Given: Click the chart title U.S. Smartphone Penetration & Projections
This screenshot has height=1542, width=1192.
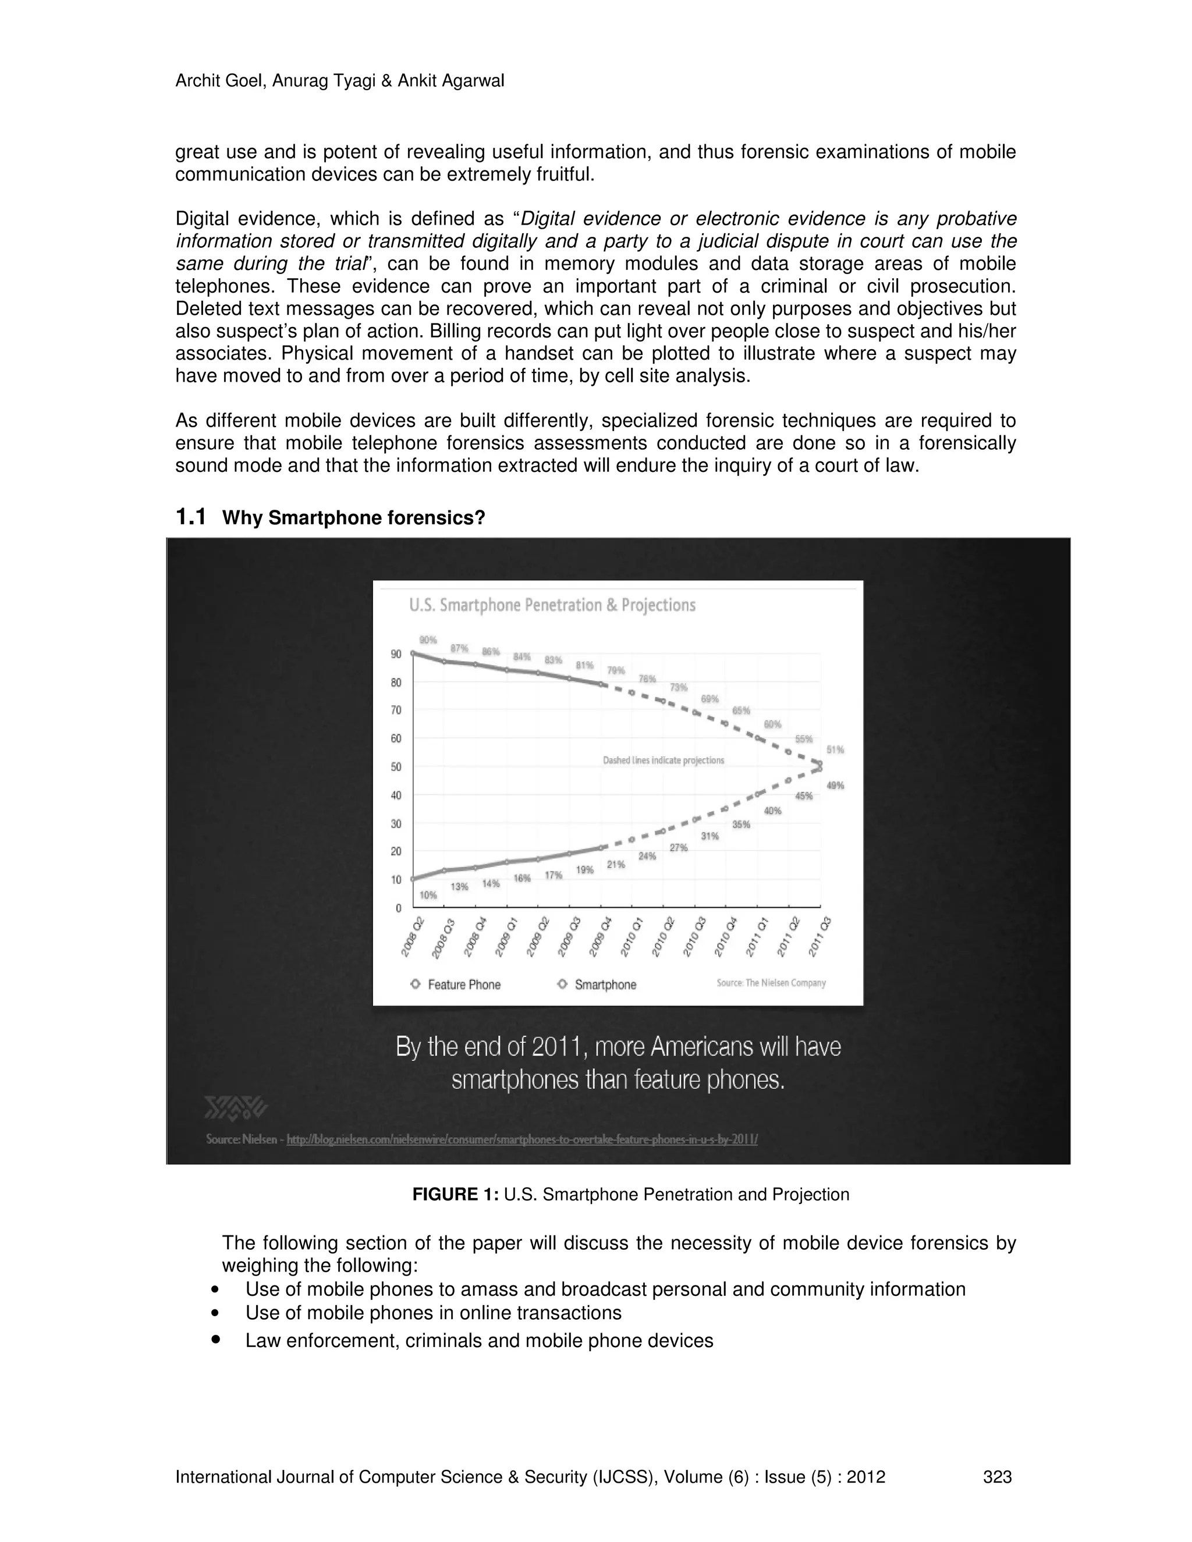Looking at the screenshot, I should tap(552, 605).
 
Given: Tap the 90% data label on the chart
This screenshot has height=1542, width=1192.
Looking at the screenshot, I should tap(428, 639).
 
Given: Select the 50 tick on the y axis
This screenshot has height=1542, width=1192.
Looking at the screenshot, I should tap(396, 767).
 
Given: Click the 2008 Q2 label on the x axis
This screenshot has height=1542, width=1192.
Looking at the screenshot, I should tap(413, 936).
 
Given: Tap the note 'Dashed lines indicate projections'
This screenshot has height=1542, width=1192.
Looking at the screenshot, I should tap(663, 761).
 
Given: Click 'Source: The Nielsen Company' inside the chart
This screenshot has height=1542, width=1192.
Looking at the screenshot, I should tap(771, 983).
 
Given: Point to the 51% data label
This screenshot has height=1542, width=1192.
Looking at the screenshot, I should tap(835, 750).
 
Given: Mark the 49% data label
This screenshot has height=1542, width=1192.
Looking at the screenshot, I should tap(835, 785).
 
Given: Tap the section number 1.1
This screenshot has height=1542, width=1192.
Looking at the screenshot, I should tap(191, 517).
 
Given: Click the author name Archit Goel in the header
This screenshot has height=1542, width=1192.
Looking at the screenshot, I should tap(218, 81).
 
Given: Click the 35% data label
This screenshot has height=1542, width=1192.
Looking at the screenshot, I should tap(741, 825).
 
